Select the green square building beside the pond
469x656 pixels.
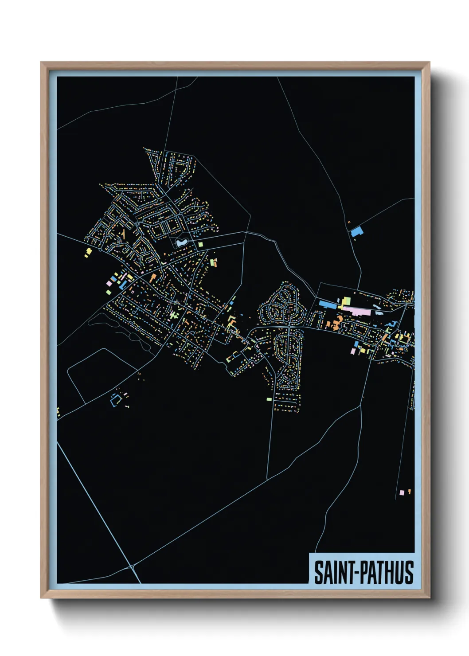click(200, 244)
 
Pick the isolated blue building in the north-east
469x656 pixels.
click(356, 231)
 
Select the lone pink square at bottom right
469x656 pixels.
click(402, 492)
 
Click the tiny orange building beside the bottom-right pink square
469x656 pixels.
click(409, 491)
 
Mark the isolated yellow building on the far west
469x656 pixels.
click(89, 252)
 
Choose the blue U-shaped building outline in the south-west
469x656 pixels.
click(116, 399)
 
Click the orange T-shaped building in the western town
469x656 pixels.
click(153, 278)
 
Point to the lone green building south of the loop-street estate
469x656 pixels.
click(269, 399)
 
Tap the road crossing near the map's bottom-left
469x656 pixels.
click(132, 566)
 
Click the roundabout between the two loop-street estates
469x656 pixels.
click(289, 327)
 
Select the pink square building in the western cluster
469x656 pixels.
click(109, 283)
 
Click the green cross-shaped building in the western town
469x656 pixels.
click(172, 315)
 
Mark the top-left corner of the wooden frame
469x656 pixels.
click(41, 62)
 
